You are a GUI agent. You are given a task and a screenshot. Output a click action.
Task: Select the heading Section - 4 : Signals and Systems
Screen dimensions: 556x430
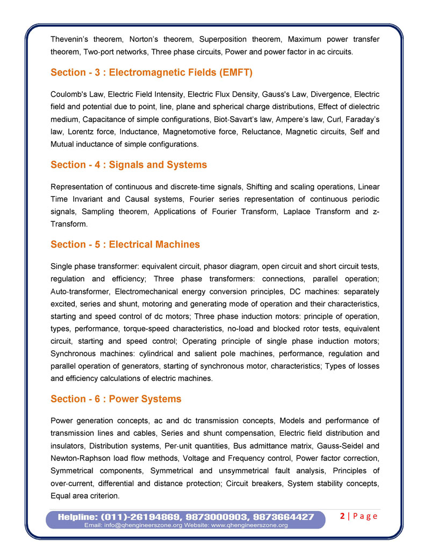(x=128, y=164)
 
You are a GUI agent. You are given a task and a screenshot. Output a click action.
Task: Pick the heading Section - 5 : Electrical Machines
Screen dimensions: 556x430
(x=125, y=244)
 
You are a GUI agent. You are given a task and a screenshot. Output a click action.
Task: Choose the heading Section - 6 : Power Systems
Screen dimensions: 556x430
(x=116, y=399)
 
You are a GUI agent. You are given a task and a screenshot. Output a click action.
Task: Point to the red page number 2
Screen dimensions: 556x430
(x=342, y=516)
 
